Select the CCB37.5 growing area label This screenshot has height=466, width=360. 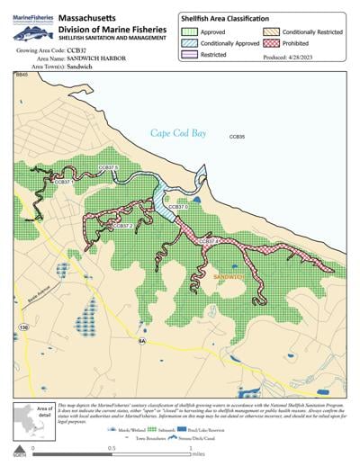coord(108,167)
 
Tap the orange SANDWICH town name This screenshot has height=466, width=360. coord(230,278)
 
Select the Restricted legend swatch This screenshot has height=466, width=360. coord(192,54)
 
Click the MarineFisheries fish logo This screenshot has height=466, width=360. coord(29,31)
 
